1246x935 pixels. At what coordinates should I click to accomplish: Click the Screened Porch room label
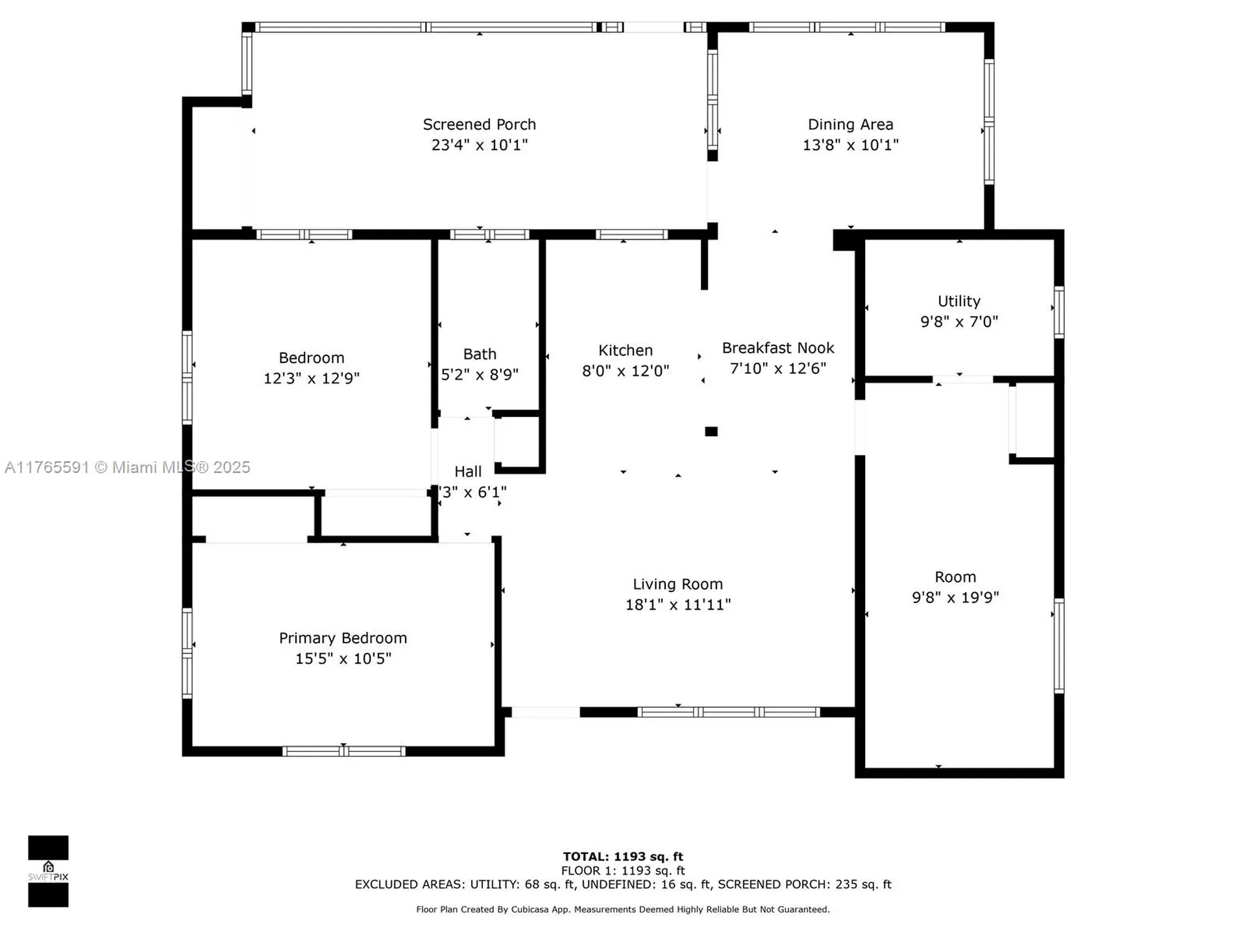[479, 124]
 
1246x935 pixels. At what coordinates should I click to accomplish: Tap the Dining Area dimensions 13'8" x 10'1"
[850, 145]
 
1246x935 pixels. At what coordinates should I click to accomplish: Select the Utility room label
[959, 301]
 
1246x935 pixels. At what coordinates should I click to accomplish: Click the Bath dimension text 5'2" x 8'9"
[480, 375]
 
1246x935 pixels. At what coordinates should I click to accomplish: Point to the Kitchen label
[625, 351]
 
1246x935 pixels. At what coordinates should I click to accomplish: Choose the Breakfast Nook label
[777, 348]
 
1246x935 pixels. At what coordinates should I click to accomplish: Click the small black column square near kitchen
[711, 432]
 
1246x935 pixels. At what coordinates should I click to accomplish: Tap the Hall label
[468, 472]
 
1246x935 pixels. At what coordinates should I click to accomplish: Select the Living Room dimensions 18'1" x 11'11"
[678, 605]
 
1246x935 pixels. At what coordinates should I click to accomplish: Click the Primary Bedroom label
[343, 638]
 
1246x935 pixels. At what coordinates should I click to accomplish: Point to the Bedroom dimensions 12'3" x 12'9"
[311, 379]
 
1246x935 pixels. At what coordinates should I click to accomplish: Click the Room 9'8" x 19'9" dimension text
[955, 597]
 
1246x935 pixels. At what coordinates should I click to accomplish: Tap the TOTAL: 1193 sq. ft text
[622, 856]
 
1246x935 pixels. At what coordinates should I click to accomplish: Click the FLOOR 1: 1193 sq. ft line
[622, 871]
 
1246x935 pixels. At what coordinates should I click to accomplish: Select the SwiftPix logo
[48, 871]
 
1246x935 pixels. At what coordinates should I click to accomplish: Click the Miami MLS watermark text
[127, 467]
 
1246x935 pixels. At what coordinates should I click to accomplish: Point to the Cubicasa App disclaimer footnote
[622, 910]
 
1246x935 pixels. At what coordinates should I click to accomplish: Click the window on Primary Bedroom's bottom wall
[344, 751]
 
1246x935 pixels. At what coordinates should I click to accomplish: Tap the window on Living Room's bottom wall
[728, 712]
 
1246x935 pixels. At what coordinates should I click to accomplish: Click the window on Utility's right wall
[1058, 312]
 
